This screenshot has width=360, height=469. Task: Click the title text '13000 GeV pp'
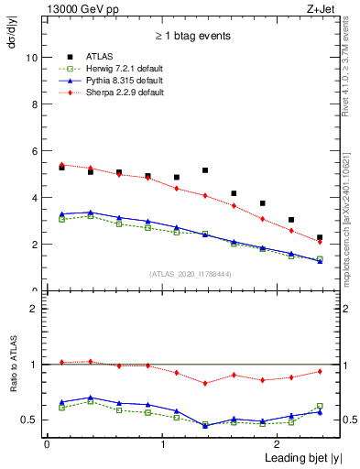click(x=77, y=8)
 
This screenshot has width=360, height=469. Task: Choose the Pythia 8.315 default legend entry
click(x=120, y=80)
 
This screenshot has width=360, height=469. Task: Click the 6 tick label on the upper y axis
click(x=34, y=151)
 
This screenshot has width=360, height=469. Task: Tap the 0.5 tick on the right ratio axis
click(x=337, y=420)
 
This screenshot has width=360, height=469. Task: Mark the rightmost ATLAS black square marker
click(x=320, y=237)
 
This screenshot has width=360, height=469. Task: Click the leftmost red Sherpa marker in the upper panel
click(x=61, y=165)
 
